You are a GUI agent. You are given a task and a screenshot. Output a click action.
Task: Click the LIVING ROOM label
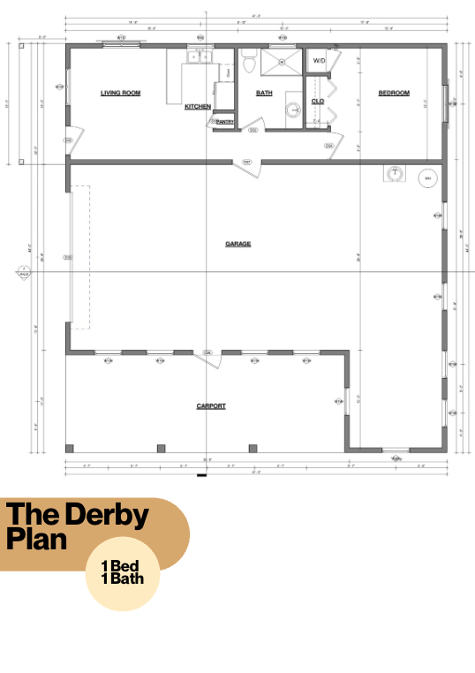tap(120, 93)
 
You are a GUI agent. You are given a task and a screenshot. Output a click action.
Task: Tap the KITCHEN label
tap(198, 107)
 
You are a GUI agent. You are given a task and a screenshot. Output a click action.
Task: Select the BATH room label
tap(264, 93)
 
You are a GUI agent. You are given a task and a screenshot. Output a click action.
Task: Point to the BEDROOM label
tap(394, 93)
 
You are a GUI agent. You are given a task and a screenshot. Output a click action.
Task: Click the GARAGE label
tap(237, 244)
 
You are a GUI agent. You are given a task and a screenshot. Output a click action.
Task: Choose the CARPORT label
tap(211, 406)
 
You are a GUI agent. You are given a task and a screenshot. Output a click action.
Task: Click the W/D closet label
tap(319, 60)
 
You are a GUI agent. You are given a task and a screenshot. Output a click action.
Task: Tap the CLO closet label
tap(318, 101)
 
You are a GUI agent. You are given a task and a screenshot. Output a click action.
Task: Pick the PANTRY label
tap(224, 122)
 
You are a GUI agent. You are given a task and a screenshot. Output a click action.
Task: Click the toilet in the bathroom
tap(249, 63)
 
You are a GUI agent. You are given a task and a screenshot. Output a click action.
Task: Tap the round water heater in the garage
tap(426, 178)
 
